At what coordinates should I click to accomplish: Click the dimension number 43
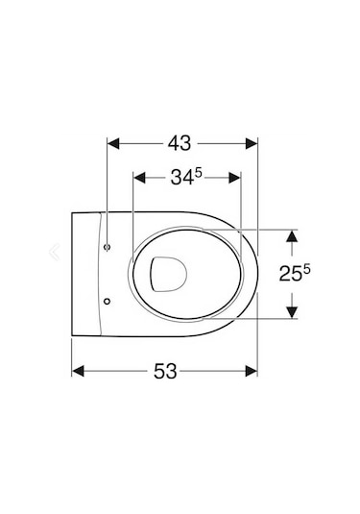tap(180, 143)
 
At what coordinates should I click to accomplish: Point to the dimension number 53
tap(166, 371)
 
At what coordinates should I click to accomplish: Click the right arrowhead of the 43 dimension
tap(252, 144)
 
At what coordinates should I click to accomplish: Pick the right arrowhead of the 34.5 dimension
tap(233, 179)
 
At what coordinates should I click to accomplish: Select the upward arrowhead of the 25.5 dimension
tap(294, 236)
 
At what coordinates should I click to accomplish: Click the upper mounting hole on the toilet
tap(108, 247)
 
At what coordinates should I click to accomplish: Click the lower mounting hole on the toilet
tap(108, 299)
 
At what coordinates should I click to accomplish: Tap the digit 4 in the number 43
tap(173, 143)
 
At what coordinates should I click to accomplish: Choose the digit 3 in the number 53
tap(174, 371)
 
